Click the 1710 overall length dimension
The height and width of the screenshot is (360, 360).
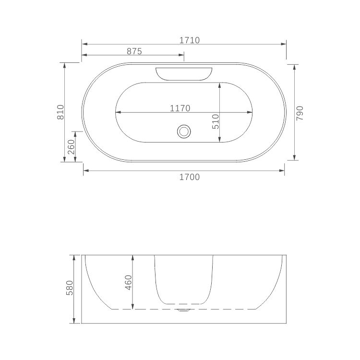click(x=190, y=40)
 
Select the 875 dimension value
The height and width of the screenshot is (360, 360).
click(x=134, y=51)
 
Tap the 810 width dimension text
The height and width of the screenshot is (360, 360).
click(x=60, y=112)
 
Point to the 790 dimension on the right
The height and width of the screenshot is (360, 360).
click(x=300, y=112)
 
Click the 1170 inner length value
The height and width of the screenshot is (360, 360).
click(x=180, y=108)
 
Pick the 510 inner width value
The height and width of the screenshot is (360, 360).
click(x=216, y=121)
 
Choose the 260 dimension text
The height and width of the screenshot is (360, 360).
click(x=71, y=147)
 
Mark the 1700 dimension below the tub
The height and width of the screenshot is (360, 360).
click(x=189, y=177)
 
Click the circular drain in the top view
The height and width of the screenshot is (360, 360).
click(x=183, y=131)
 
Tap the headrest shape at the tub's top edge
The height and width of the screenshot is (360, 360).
click(x=184, y=73)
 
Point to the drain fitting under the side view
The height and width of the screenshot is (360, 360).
click(x=183, y=311)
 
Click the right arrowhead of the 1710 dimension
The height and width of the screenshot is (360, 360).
click(x=284, y=45)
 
